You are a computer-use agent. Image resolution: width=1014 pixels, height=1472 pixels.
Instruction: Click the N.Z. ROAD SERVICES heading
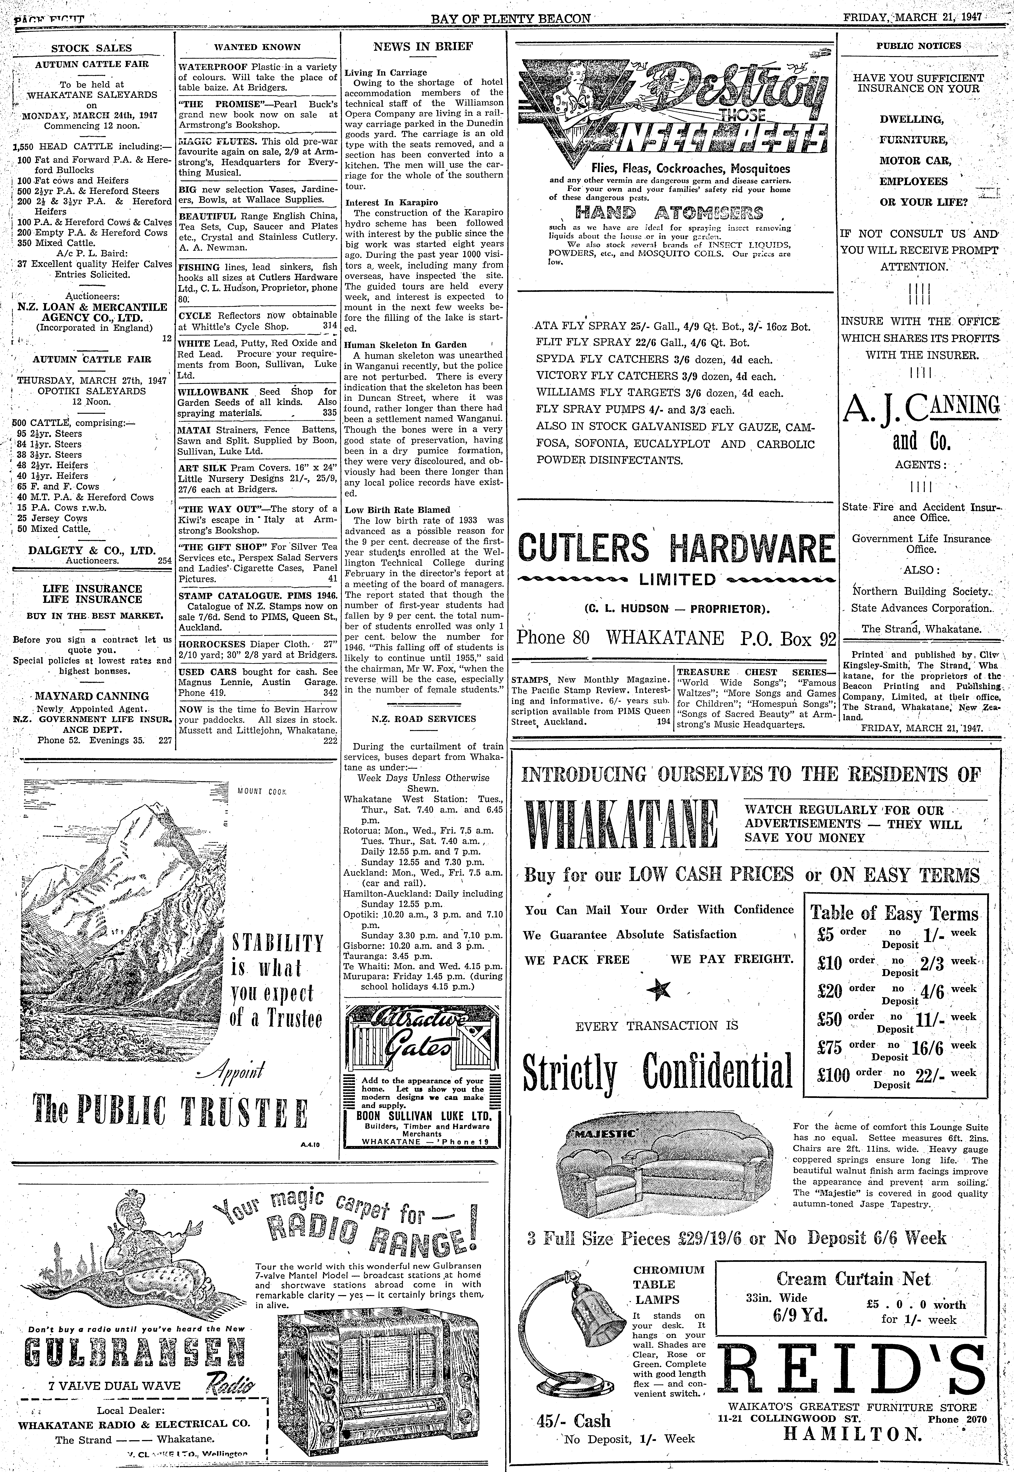point(423,719)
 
